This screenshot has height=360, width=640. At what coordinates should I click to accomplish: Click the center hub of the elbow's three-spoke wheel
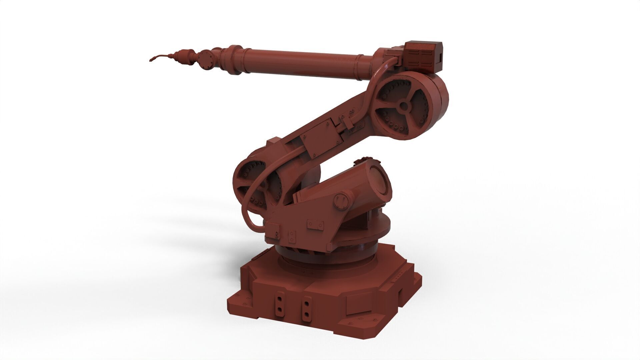pos(404,106)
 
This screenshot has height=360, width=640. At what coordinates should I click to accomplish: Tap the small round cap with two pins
pos(342,201)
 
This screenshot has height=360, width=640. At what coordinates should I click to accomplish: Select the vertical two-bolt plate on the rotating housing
pos(292,236)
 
